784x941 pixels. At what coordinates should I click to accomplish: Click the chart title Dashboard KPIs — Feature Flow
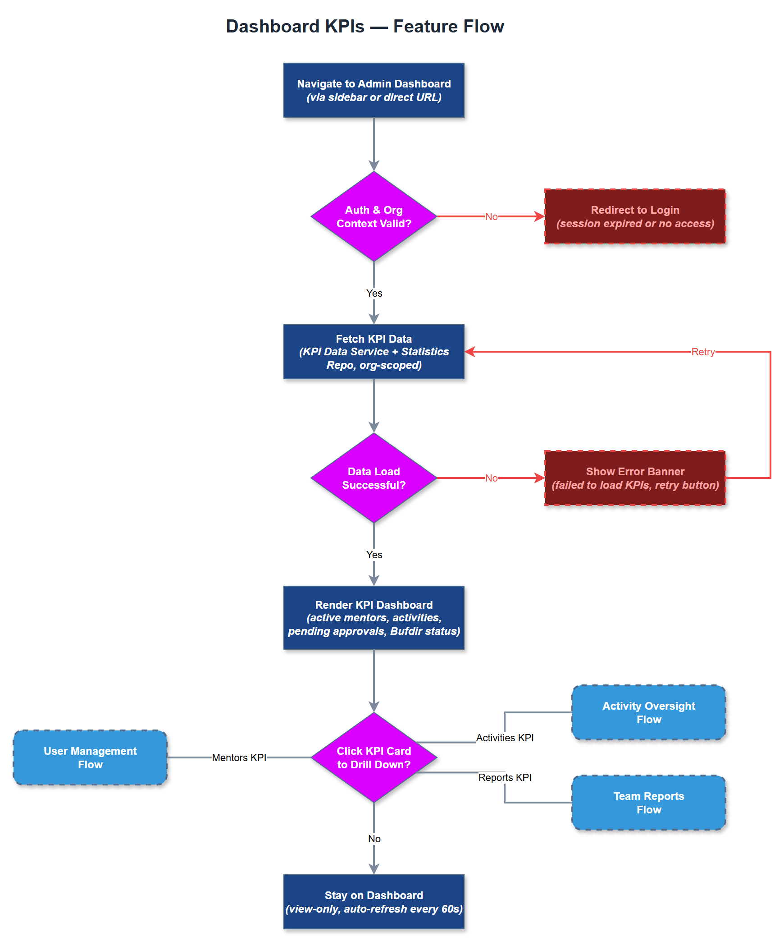click(x=365, y=26)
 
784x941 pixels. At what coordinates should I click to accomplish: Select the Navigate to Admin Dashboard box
click(x=374, y=90)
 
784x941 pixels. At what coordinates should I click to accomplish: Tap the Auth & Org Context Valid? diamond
click(x=374, y=216)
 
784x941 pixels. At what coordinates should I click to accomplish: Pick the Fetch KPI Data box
click(x=374, y=352)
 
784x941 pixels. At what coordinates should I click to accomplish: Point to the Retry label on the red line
click(x=702, y=352)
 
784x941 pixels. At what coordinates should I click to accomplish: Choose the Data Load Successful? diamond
click(x=374, y=478)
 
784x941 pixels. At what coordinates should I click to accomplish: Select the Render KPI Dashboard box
click(x=374, y=618)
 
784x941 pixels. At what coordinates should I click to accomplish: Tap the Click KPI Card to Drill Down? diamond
click(x=374, y=757)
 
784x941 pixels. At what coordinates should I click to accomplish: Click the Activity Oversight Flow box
click(x=648, y=712)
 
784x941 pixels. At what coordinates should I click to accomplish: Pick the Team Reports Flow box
click(x=648, y=803)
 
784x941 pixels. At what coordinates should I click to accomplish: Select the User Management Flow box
click(x=90, y=757)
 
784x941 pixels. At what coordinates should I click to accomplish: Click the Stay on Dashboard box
click(x=374, y=902)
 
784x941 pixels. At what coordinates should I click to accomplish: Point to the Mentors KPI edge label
click(x=239, y=757)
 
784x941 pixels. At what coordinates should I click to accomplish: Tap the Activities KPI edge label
click(x=505, y=738)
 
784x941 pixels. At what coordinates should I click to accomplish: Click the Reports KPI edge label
click(x=505, y=777)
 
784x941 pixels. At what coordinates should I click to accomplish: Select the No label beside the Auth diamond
click(x=491, y=216)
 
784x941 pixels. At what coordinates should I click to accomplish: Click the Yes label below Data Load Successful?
click(x=374, y=555)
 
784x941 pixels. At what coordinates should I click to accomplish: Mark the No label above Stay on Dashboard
click(x=374, y=839)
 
